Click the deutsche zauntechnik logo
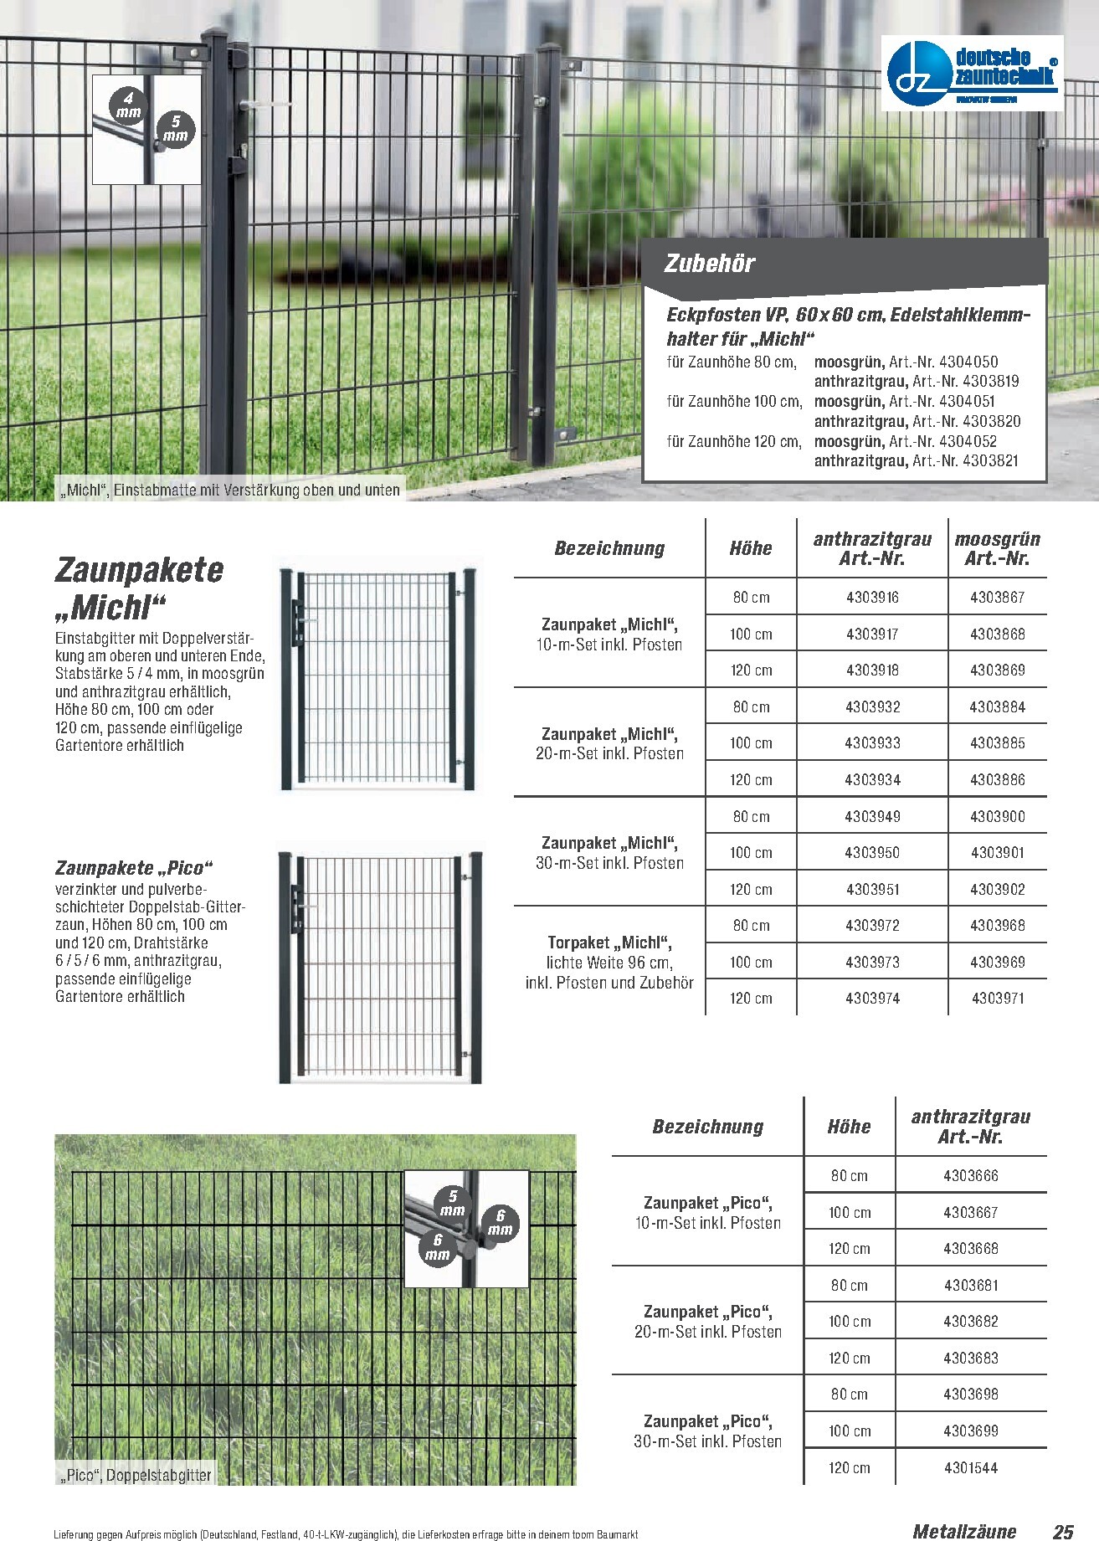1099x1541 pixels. pyautogui.click(x=973, y=73)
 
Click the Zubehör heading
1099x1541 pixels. pyautogui.click(x=709, y=264)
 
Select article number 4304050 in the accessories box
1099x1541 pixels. pyautogui.click(x=968, y=362)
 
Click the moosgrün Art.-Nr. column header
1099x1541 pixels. pyautogui.click(x=997, y=549)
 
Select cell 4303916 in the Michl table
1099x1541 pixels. pyautogui.click(x=872, y=598)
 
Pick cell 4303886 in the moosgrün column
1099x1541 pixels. pyautogui.click(x=997, y=779)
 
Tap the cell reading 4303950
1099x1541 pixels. pyautogui.click(x=872, y=853)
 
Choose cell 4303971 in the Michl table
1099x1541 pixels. pyautogui.click(x=997, y=999)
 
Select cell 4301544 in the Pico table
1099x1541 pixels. pyautogui.click(x=970, y=1467)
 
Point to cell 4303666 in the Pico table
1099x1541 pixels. pyautogui.click(x=970, y=1176)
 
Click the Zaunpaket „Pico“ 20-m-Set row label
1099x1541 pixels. pyautogui.click(x=707, y=1322)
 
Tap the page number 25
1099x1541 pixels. pyautogui.click(x=1063, y=1532)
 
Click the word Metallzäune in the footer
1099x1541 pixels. pyautogui.click(x=964, y=1532)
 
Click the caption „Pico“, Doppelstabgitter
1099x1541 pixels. pyautogui.click(x=135, y=1475)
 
